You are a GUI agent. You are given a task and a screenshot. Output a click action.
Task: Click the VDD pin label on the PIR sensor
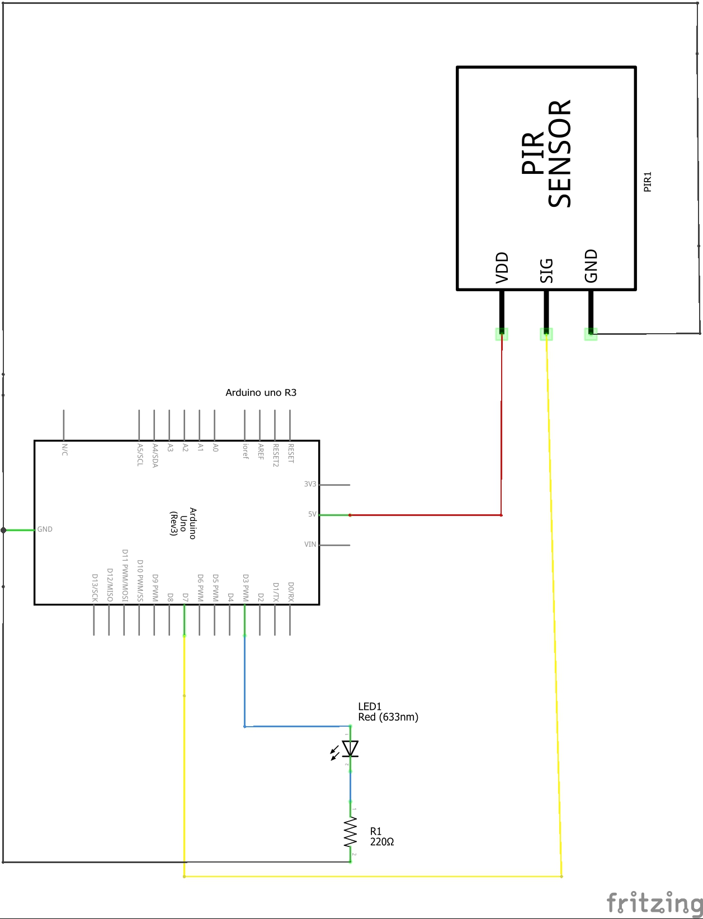point(502,268)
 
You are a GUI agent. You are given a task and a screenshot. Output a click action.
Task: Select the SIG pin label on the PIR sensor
point(546,271)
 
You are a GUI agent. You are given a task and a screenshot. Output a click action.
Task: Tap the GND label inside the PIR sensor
point(591,266)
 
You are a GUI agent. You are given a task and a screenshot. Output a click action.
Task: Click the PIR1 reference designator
point(647,182)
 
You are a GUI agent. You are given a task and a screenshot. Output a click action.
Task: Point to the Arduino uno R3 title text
point(261,392)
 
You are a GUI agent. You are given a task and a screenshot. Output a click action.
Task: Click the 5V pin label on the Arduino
point(312,514)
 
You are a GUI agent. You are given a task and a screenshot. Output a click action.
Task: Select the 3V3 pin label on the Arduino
point(310,484)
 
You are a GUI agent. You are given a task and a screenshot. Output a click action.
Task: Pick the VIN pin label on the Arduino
point(310,544)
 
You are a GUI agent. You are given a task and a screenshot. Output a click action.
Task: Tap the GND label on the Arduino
point(45,529)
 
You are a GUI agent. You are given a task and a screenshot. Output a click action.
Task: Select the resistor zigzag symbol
point(351,833)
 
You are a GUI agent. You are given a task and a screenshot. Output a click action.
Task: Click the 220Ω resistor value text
point(382,842)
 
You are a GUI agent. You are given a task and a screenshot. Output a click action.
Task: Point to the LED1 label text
point(370,707)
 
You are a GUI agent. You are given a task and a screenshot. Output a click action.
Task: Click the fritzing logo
point(654,903)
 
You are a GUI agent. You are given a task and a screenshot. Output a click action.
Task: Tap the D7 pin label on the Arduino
point(185,597)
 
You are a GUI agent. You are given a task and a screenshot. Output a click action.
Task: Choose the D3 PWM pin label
point(246,588)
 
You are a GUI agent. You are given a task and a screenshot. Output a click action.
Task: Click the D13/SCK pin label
point(95,588)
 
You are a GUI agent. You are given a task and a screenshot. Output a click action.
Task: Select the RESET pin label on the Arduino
point(291,453)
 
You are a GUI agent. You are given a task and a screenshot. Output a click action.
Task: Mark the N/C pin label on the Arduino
point(64,449)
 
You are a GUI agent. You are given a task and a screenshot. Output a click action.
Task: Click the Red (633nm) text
point(388,717)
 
